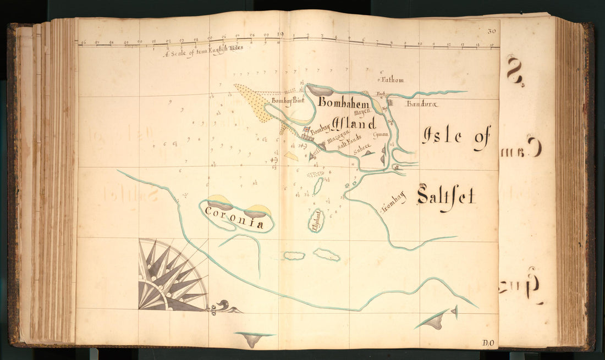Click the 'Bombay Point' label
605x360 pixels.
click(x=284, y=101)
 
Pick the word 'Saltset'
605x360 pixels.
click(x=446, y=196)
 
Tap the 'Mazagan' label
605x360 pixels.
click(x=338, y=140)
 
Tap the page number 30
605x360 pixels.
click(x=491, y=32)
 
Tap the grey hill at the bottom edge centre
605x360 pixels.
click(x=253, y=339)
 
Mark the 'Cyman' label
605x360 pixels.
click(x=381, y=134)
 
